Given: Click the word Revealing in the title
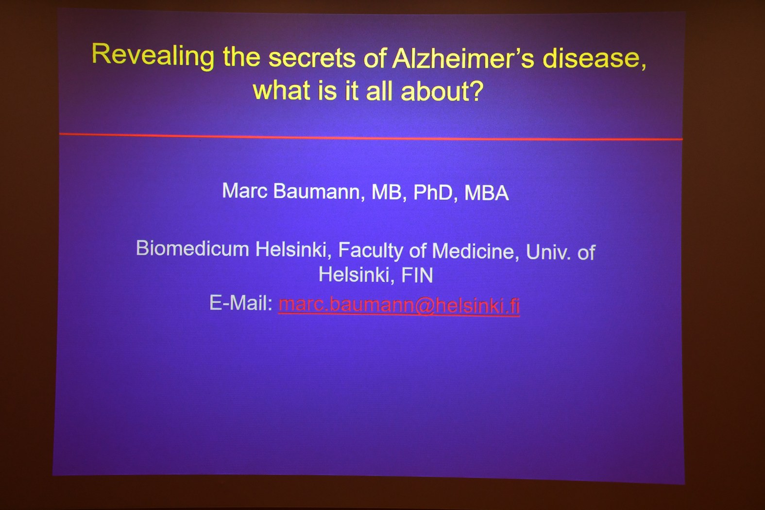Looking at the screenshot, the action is click(153, 56).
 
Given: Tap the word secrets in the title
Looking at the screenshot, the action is click(312, 58).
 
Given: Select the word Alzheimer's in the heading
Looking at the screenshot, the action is click(463, 58).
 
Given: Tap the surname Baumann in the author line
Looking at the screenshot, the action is click(317, 191).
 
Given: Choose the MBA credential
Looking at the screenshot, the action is click(487, 193).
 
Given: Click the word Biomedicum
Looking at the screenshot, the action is click(193, 248).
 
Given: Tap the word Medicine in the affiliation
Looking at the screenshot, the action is click(475, 252).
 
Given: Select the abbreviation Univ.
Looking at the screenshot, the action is click(548, 252).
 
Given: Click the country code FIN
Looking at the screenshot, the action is click(417, 275).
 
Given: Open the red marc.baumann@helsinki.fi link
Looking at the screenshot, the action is click(399, 305).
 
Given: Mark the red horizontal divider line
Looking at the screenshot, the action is click(371, 137).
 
